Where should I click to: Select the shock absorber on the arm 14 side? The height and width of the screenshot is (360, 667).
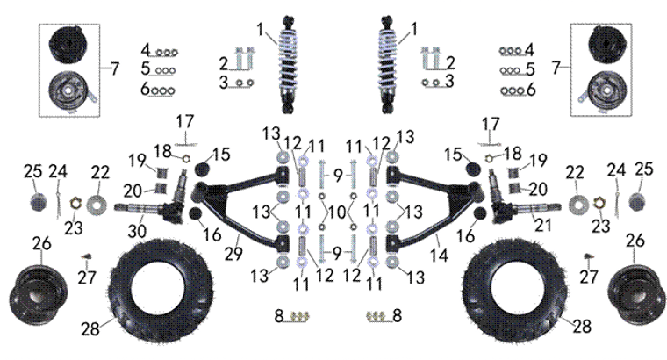[385, 66]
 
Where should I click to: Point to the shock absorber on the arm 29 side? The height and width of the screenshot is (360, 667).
[288, 66]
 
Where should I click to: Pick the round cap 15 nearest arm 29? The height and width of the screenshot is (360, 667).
[202, 168]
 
